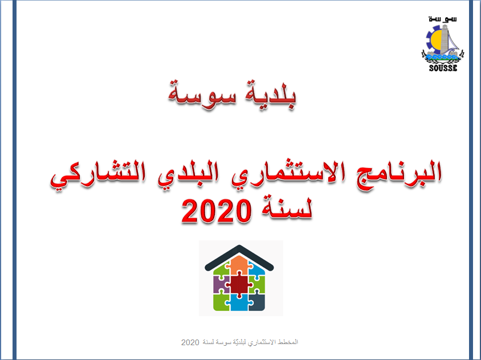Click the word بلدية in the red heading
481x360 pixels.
pos(271,95)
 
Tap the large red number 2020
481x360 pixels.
pos(217,211)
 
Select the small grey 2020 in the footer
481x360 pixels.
pos(190,342)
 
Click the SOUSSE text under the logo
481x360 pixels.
pos(443,68)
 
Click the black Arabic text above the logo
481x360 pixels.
pos(443,19)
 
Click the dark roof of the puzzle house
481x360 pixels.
pos(239,257)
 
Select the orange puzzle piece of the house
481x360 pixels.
pos(239,265)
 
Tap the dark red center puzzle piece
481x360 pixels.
pos(239,285)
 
